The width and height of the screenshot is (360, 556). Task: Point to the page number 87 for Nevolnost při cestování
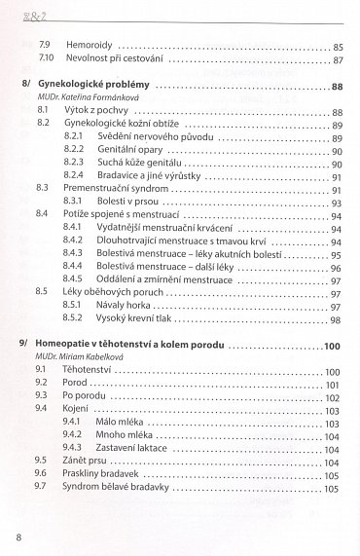click(x=337, y=60)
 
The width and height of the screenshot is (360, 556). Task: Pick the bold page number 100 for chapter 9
click(x=331, y=347)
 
